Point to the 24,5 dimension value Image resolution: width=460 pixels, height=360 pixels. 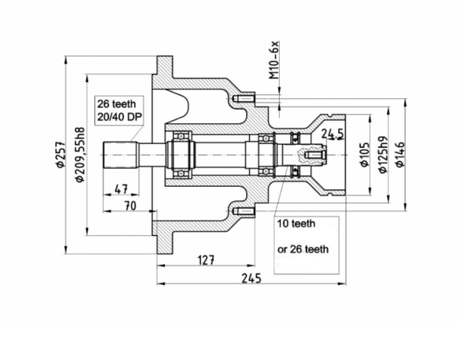click(x=333, y=135)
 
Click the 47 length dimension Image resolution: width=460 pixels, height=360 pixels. click(x=120, y=188)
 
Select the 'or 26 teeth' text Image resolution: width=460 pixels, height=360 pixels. click(x=303, y=249)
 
